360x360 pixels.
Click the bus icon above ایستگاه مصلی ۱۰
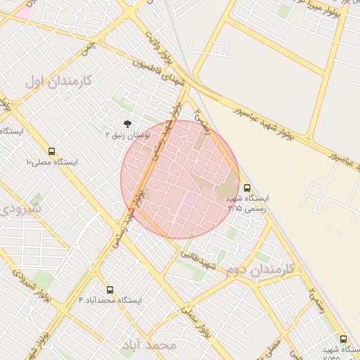pyautogui.click(x=51, y=151)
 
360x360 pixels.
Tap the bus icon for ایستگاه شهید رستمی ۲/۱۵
pyautogui.click(x=247, y=188)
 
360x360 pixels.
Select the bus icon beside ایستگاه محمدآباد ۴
pyautogui.click(x=110, y=290)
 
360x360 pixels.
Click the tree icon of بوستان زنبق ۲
pyautogui.click(x=127, y=122)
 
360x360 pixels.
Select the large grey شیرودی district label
pyautogui.click(x=20, y=209)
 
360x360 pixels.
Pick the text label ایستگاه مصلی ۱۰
pyautogui.click(x=52, y=162)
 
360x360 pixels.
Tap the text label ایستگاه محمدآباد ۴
pyautogui.click(x=110, y=300)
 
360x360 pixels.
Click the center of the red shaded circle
pyautogui.click(x=180, y=179)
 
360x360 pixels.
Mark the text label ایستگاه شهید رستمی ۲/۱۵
pyautogui.click(x=247, y=203)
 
